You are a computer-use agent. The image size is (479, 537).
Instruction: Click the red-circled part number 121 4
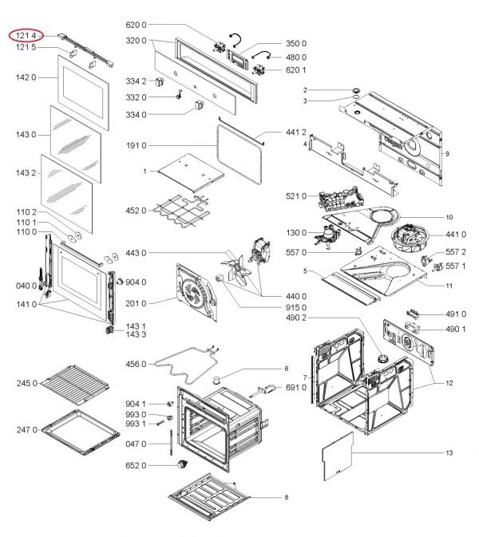(x=26, y=36)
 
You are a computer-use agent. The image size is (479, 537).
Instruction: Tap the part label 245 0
(x=26, y=384)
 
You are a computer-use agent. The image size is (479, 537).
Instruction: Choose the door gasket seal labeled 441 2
(x=239, y=144)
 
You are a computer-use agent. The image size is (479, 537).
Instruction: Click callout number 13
(x=449, y=453)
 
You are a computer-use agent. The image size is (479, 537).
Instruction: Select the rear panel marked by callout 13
(x=338, y=456)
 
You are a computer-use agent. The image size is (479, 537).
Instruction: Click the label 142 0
(x=26, y=77)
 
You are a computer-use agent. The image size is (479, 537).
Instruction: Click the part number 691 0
(x=296, y=387)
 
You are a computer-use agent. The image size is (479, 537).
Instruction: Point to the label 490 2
(x=295, y=318)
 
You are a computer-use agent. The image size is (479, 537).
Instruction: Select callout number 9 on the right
(x=449, y=152)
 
